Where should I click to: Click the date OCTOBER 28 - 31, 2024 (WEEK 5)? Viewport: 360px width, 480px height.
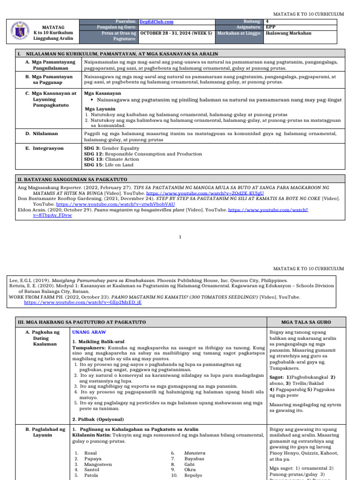176,33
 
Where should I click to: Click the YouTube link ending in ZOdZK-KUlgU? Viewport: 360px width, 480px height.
205,193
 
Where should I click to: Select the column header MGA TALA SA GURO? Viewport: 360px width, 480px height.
306,322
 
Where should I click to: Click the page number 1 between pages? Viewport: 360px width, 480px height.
180,237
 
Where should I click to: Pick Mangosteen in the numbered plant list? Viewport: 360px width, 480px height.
98,464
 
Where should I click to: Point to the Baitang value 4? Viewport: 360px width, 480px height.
267,22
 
